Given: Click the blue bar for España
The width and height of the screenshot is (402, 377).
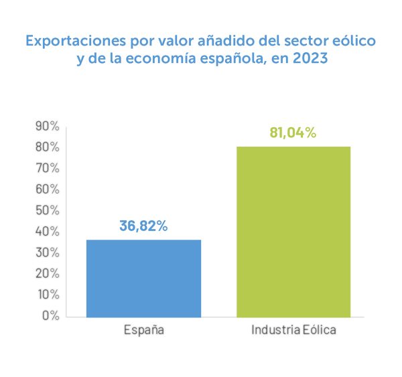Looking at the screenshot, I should (x=143, y=278).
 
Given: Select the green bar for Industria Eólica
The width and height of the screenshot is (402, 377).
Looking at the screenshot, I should (x=293, y=231).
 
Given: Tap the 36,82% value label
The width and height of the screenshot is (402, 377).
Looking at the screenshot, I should (x=143, y=226).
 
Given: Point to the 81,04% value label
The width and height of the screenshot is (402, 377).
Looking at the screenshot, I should (x=293, y=133).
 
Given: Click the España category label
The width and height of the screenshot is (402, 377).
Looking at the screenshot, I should (x=144, y=330).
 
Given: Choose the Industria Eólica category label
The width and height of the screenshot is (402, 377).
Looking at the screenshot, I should (x=294, y=330).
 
